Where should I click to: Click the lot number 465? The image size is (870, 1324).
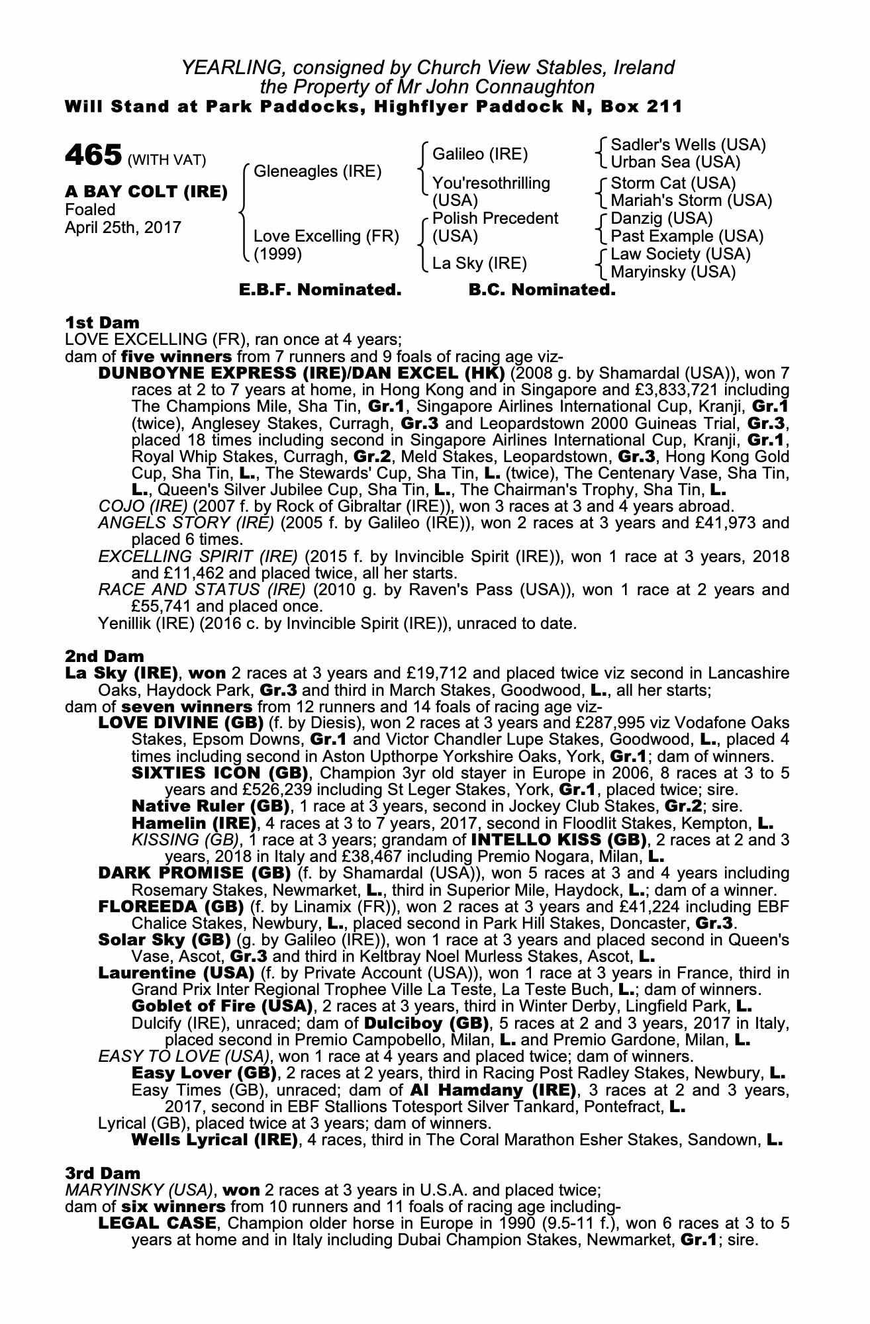tap(93, 156)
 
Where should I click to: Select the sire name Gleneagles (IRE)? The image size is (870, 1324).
tap(318, 171)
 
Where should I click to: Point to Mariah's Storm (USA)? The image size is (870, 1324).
tap(691, 200)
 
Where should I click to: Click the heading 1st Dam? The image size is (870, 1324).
tap(103, 322)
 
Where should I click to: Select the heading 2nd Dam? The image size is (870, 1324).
tap(105, 656)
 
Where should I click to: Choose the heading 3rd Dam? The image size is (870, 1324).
tap(103, 1173)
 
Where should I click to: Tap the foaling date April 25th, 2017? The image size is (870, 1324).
tap(122, 227)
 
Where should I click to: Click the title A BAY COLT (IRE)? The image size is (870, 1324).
tap(146, 192)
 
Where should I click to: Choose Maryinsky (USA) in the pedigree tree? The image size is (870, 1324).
tap(673, 271)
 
